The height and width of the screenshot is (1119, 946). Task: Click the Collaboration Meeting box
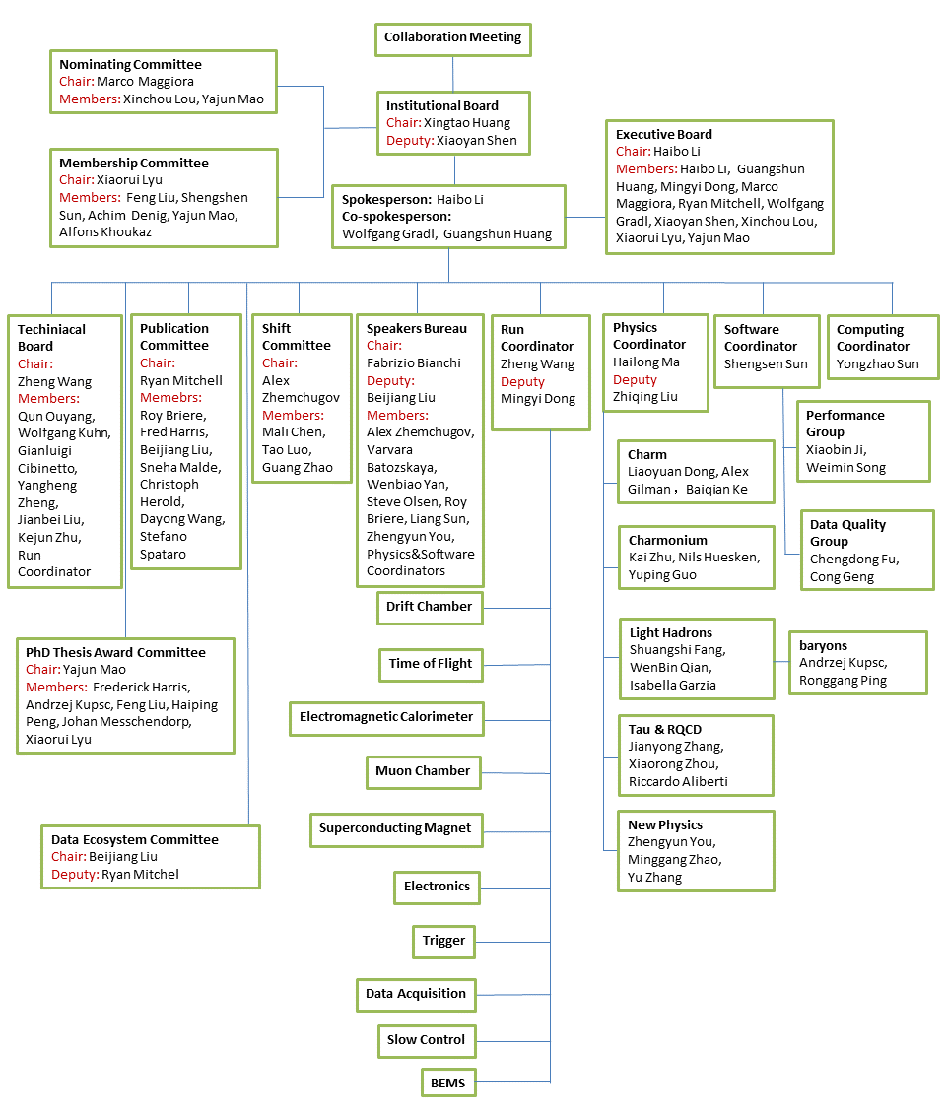coord(452,39)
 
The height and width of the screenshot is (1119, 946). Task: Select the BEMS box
coord(448,1083)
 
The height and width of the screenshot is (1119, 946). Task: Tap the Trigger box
coord(443,942)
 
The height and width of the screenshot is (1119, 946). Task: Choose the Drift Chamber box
coord(430,608)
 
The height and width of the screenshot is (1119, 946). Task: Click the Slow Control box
coord(427,1041)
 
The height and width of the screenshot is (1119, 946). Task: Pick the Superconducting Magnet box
coord(396,829)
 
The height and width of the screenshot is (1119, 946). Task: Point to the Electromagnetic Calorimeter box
coord(386,718)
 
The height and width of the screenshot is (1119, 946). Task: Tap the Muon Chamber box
coord(424,772)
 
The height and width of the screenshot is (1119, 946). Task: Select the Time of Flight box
coord(431,664)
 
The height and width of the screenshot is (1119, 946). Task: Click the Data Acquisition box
coord(416,995)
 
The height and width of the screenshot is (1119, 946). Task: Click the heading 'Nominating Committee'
coord(130,64)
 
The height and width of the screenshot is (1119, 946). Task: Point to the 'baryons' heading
coord(823,645)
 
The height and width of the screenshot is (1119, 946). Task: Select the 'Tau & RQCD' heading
coord(665,729)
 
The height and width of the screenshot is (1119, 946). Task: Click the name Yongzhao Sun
coord(877,363)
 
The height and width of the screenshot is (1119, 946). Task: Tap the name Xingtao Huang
coord(467,123)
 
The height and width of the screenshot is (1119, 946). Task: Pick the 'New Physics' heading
coord(665,825)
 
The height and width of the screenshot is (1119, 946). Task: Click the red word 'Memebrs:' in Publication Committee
coord(170,398)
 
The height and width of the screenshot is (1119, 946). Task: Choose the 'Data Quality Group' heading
coord(847,532)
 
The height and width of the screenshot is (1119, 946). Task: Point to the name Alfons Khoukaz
coord(105,231)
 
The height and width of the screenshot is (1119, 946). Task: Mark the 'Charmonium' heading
coord(667,540)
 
